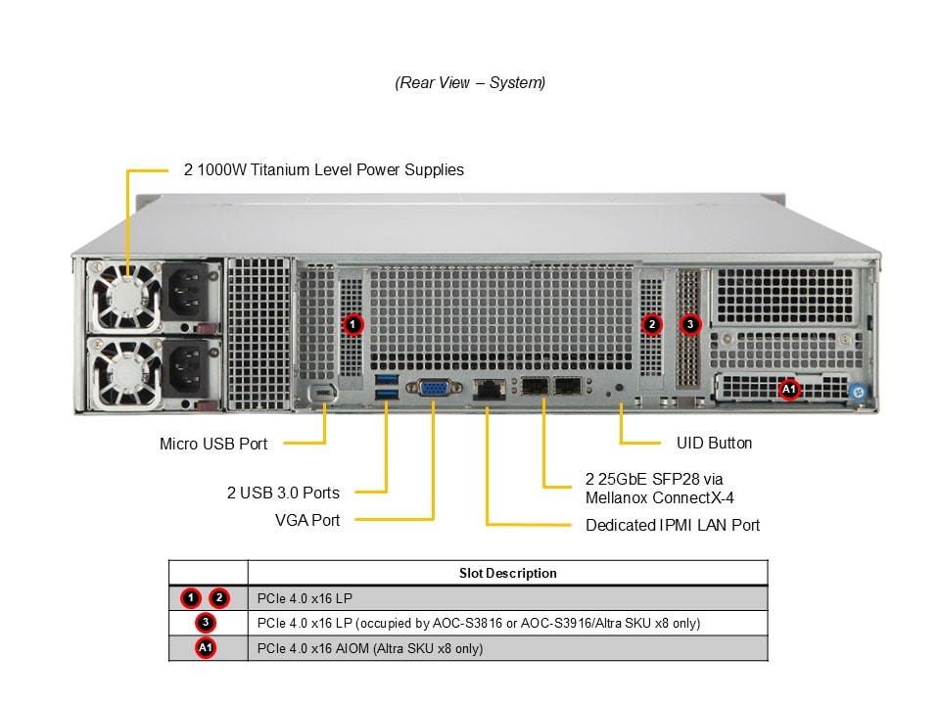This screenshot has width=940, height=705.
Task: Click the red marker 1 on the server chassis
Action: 353,323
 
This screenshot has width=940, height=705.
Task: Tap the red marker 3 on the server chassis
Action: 690,323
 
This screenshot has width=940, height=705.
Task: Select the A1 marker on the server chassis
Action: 789,389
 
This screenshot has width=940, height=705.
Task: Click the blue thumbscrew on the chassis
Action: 859,392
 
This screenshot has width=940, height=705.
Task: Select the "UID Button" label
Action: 715,444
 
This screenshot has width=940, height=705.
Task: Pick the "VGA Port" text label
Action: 307,520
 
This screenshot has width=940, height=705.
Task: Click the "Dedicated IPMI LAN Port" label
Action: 673,526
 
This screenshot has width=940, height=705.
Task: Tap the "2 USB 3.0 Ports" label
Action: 283,493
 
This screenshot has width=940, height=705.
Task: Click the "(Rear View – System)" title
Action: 470,83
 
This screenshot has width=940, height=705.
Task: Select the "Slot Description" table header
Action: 507,574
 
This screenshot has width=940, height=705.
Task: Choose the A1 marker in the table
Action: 206,648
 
